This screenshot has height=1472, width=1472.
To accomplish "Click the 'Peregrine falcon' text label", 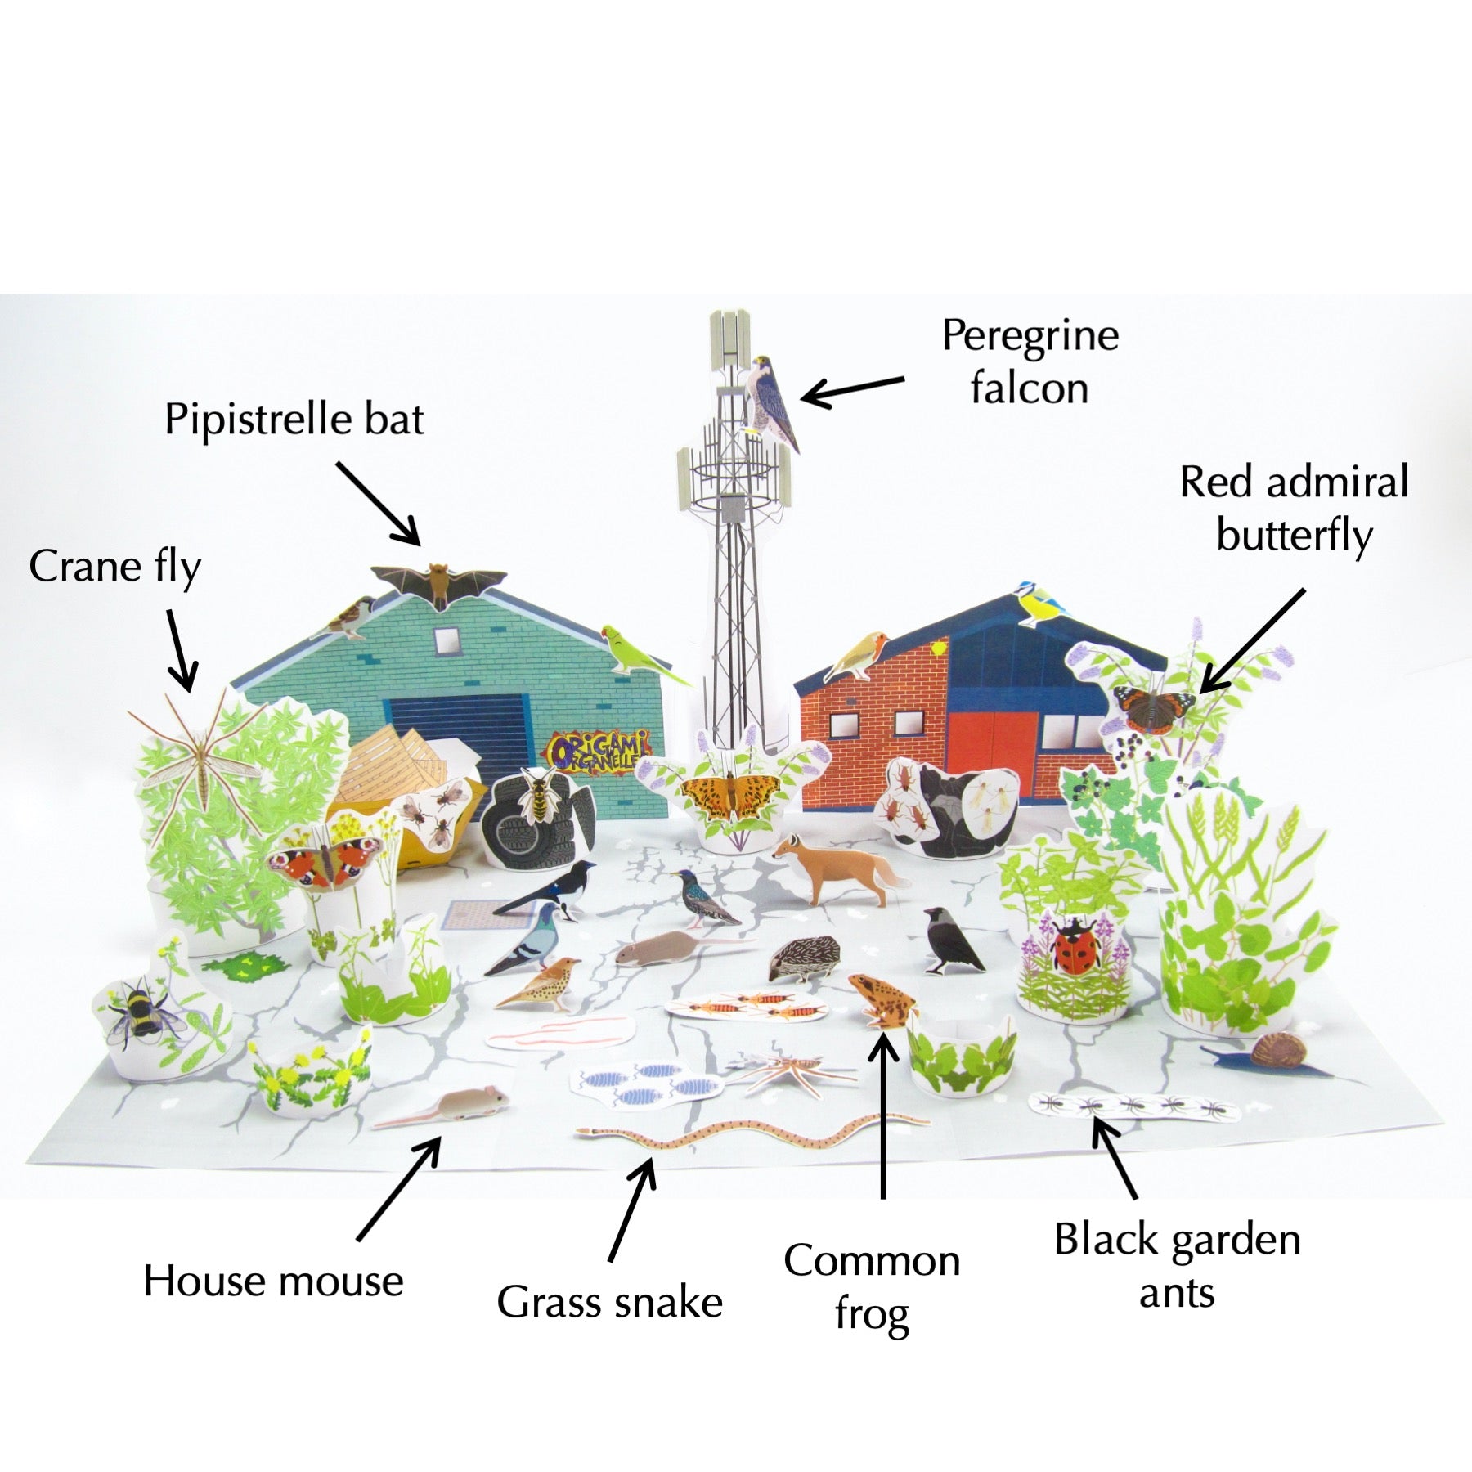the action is [x=1030, y=361].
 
